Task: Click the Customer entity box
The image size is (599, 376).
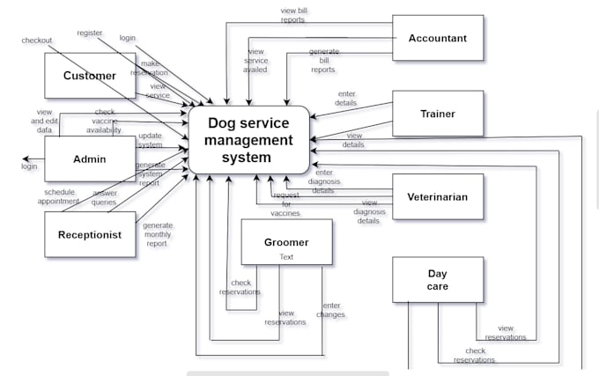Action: coord(90,76)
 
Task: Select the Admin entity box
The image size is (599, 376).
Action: coord(90,159)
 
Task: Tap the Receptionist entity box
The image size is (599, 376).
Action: coord(90,234)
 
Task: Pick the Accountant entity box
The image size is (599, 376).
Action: coord(437,38)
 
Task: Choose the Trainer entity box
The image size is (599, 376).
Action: coord(437,114)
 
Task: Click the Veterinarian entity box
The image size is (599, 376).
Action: coord(437,196)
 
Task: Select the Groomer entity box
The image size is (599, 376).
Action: coord(286,241)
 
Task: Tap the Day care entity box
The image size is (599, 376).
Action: coord(438,279)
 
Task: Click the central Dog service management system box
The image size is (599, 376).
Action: coord(249,139)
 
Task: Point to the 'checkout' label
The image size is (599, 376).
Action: coord(37,40)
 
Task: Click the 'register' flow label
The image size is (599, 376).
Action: coord(90,33)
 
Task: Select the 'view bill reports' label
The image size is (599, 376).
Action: coord(293,15)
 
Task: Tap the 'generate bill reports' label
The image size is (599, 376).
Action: coord(323,61)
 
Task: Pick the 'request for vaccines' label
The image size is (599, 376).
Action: coord(285,203)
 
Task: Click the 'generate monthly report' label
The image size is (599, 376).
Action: coord(158,234)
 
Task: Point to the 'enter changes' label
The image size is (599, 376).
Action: coord(331,309)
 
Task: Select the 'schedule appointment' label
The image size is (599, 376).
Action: coord(58,196)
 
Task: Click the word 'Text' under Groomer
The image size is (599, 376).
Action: coord(286,257)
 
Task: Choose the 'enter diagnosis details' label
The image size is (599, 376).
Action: coord(323,181)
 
